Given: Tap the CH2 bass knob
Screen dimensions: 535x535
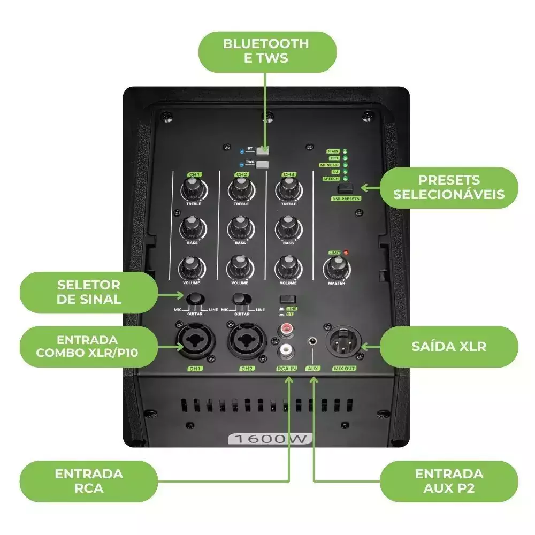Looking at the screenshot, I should (x=240, y=228).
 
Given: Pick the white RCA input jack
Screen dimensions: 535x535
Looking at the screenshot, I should (x=285, y=351).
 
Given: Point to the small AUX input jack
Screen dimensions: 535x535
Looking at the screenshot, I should (x=312, y=340).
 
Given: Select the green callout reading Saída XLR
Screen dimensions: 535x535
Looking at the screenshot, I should (x=448, y=346).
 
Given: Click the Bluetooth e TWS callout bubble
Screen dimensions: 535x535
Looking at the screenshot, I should (x=266, y=51).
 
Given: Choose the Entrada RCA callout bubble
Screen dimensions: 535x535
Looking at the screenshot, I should (x=88, y=480).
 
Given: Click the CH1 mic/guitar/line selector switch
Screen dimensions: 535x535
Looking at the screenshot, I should (x=195, y=298).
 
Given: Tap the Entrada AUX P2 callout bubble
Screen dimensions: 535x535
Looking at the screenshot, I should (x=448, y=480).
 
